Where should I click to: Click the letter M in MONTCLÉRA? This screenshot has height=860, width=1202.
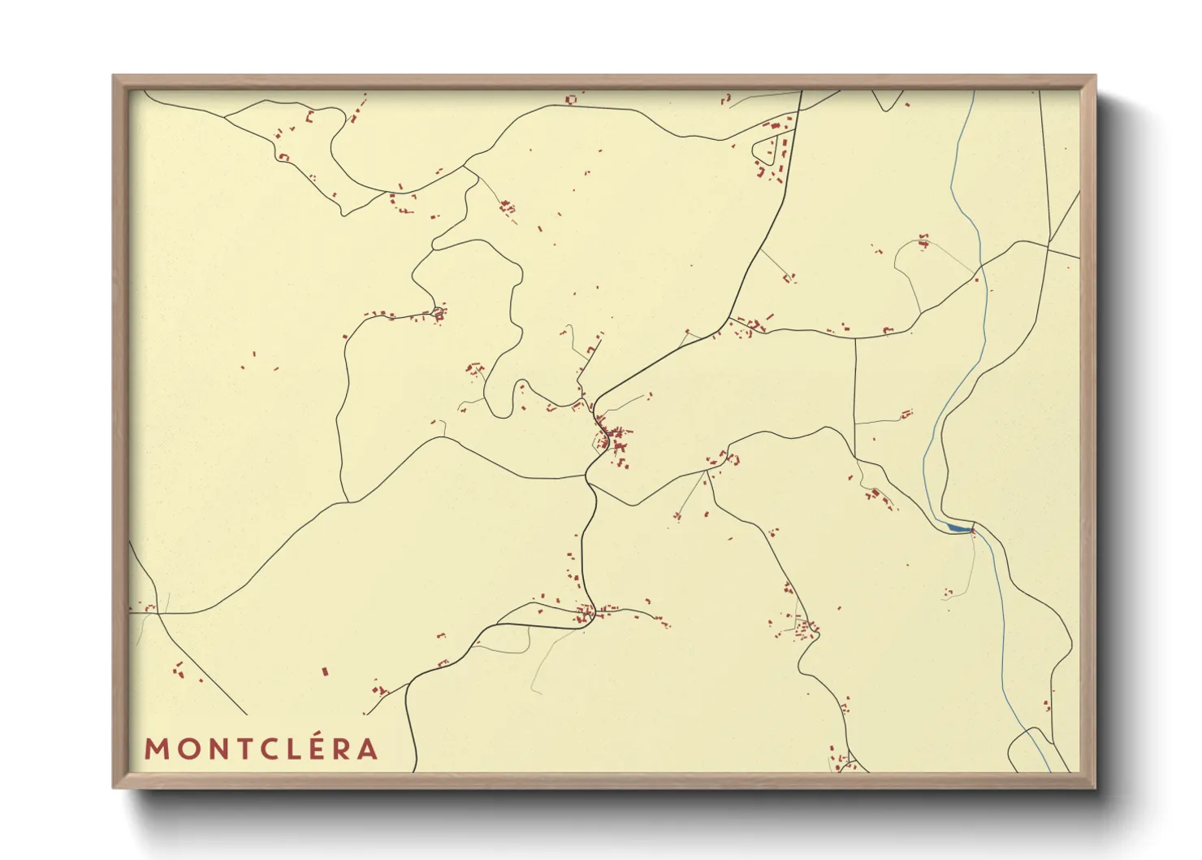[x=156, y=749]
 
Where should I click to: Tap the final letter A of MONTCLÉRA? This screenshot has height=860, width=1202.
[x=369, y=749]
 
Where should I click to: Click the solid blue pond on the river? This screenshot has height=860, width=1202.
[x=958, y=528]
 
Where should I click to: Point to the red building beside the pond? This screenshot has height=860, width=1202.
[x=972, y=530]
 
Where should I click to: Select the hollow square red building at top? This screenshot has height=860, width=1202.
[x=571, y=99]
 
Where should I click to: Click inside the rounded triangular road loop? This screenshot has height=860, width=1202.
[x=767, y=150]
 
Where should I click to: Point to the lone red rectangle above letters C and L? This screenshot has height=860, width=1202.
[x=325, y=672]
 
